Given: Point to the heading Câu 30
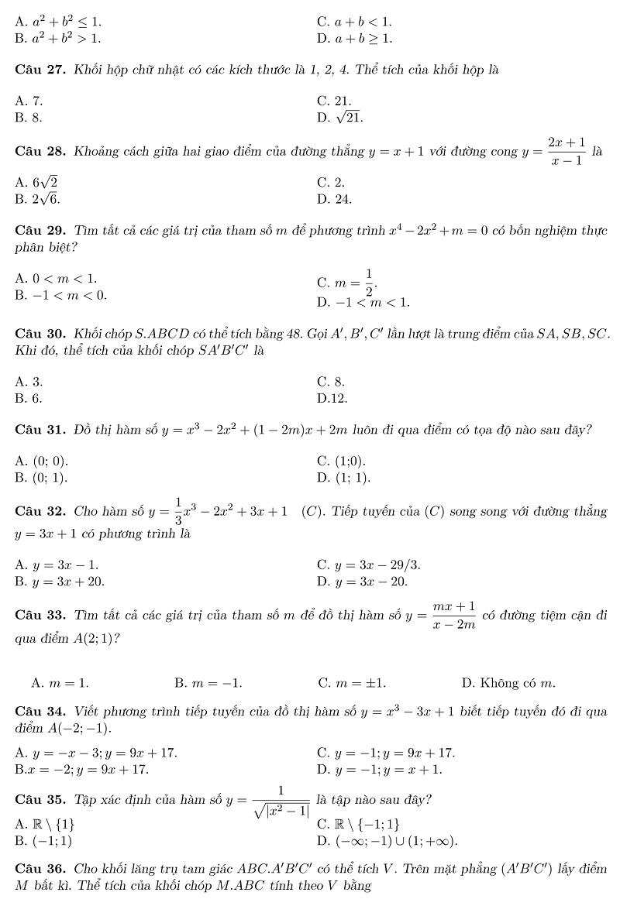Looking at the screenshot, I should tap(40, 334).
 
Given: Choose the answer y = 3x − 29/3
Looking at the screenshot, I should tap(369, 565).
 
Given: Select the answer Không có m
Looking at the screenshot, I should tap(508, 683).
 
